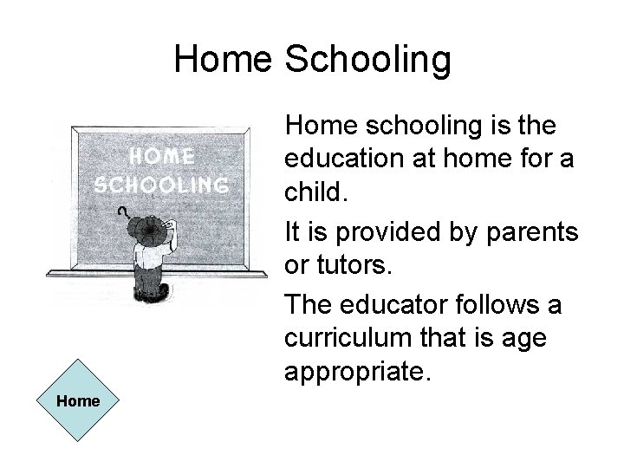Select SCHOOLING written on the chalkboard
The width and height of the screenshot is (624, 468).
163,185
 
